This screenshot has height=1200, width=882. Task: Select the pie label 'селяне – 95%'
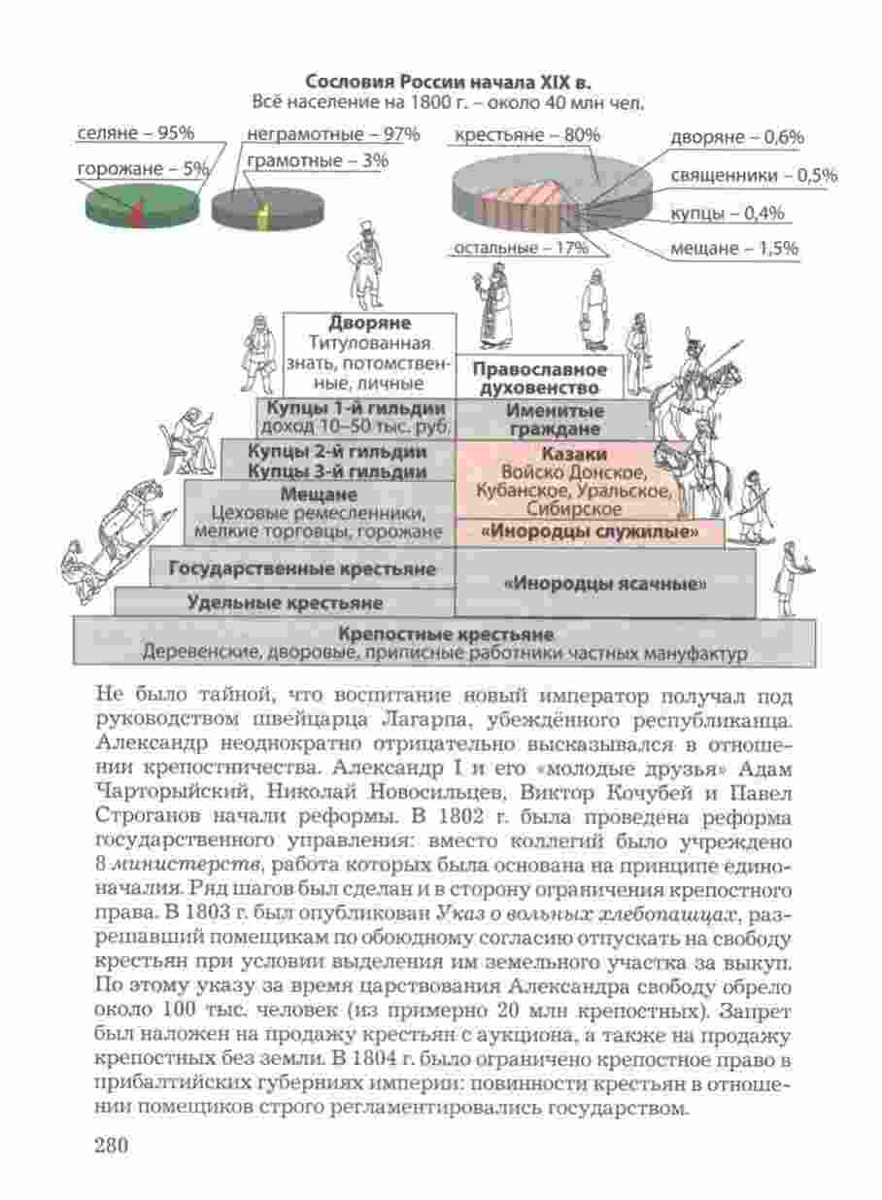(x=135, y=133)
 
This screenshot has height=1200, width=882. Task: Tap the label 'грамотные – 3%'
(x=317, y=160)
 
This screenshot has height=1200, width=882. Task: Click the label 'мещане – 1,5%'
(x=733, y=249)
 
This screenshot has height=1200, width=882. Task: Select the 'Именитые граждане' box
(x=554, y=419)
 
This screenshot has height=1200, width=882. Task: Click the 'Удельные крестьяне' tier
(x=284, y=602)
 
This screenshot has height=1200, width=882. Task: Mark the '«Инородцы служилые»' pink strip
(x=590, y=532)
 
